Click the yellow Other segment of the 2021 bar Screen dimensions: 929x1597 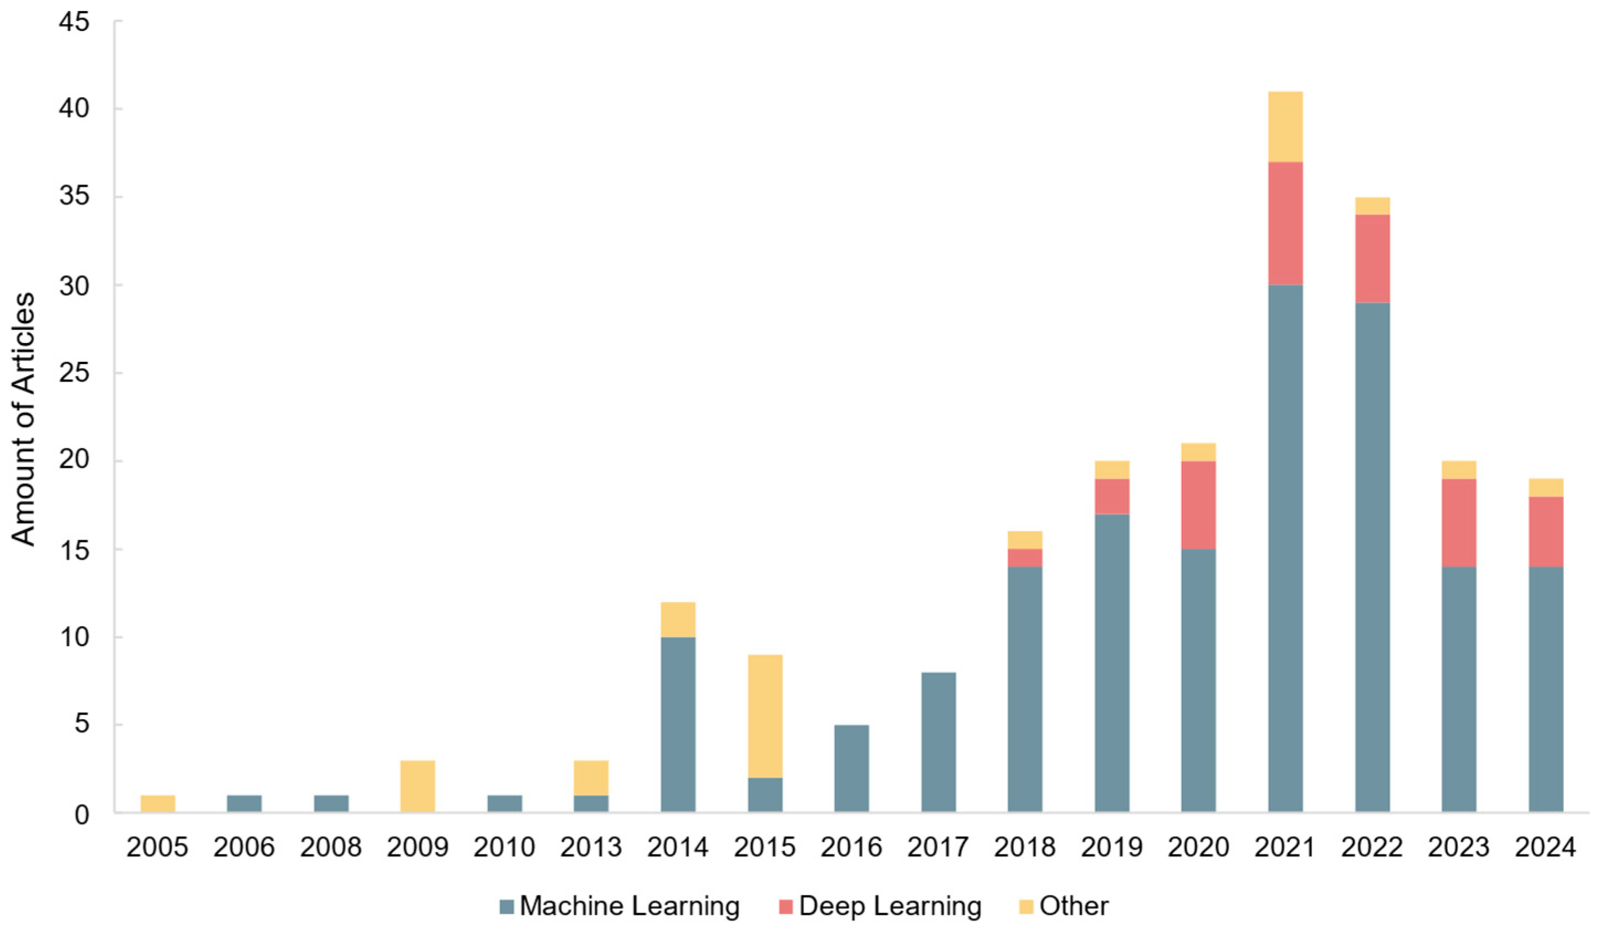point(1285,126)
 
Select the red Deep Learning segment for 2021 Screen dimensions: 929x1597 point(1285,223)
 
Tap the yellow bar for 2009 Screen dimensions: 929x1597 point(417,786)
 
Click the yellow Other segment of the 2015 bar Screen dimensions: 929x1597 point(765,715)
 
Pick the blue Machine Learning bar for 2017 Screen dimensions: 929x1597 point(939,742)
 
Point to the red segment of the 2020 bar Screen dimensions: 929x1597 point(1198,504)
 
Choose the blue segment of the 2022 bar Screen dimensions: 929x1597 point(1372,557)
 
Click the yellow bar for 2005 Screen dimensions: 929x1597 point(158,804)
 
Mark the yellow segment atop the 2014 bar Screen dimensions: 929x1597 point(678,619)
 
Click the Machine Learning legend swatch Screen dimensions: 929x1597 point(506,907)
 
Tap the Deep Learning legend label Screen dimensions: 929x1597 point(890,906)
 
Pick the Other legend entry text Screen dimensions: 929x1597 point(1074,906)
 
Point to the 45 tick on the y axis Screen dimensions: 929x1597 point(74,23)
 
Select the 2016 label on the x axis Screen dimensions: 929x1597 point(851,848)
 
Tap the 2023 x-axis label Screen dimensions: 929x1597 point(1458,848)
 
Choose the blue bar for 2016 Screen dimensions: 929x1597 point(852,768)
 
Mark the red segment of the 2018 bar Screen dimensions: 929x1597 point(1025,558)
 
